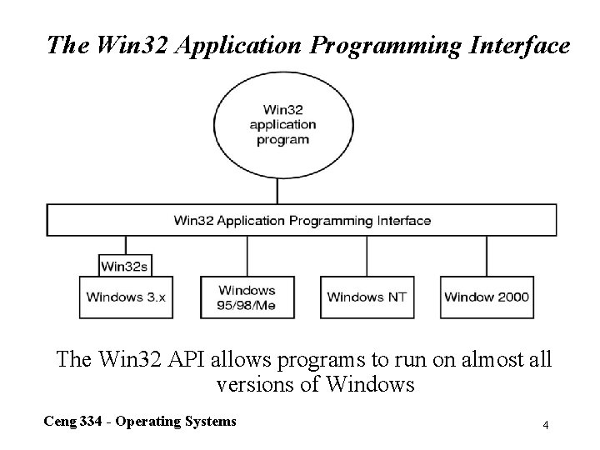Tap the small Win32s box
pos(125,267)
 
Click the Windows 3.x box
pos(127,297)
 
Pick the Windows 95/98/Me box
pos(247,297)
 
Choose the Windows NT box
pos(367,297)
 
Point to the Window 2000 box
pos(487,297)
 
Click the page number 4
pos(545,426)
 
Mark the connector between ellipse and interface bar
pos(277,191)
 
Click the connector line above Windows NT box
pos(367,255)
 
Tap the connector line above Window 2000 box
pos(487,255)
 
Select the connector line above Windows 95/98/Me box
pos(247,255)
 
